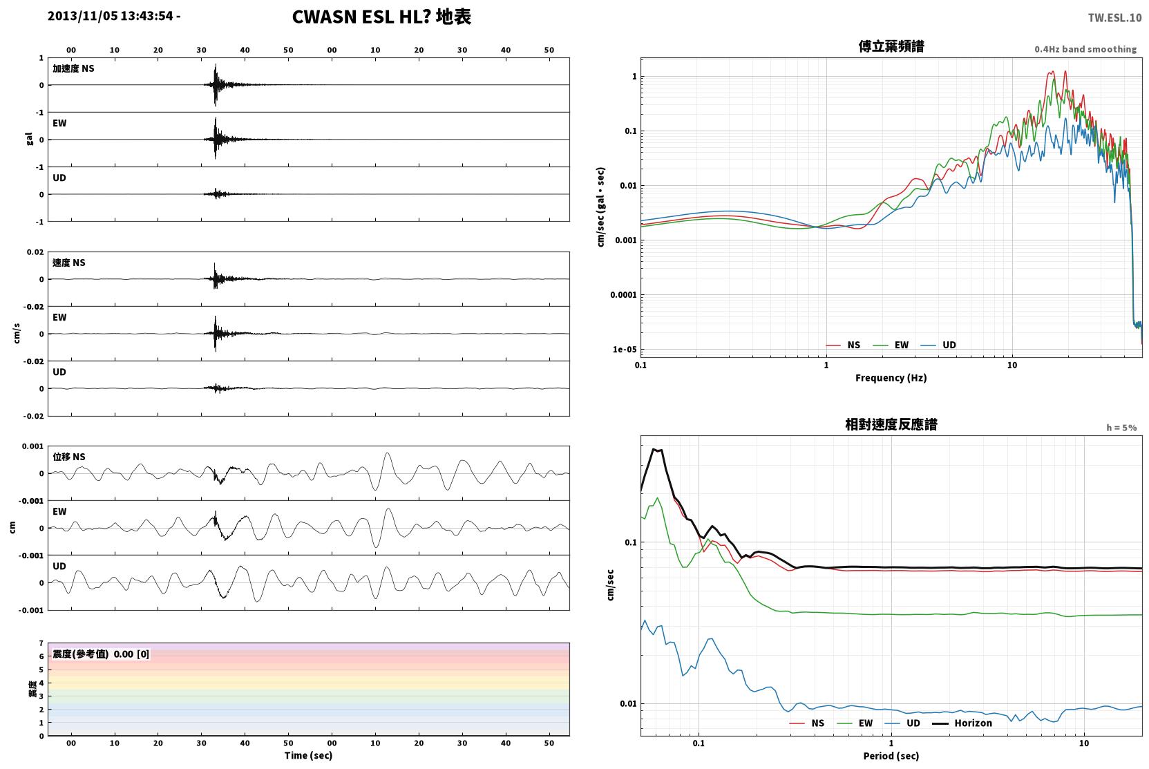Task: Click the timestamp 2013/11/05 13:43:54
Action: click(111, 16)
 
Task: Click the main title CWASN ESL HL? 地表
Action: click(381, 17)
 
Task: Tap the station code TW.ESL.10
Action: click(1114, 18)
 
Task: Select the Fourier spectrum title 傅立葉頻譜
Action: click(891, 46)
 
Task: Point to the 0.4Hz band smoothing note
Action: click(1085, 49)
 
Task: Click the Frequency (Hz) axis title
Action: click(891, 378)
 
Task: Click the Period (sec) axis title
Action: click(891, 756)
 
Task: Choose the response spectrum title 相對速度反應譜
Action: click(891, 424)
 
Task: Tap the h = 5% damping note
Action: click(1121, 427)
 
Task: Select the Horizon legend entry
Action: click(962, 723)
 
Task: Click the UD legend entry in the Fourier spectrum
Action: click(938, 345)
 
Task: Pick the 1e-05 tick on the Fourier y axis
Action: click(625, 350)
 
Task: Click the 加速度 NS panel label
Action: click(73, 68)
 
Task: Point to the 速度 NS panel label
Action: click(68, 263)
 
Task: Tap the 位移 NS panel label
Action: click(68, 457)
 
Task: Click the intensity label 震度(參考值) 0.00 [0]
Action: click(101, 654)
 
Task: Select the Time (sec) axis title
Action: click(308, 755)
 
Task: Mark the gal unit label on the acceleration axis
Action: click(29, 139)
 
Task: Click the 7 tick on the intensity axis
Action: click(41, 643)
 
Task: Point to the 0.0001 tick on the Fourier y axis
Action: click(623, 295)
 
